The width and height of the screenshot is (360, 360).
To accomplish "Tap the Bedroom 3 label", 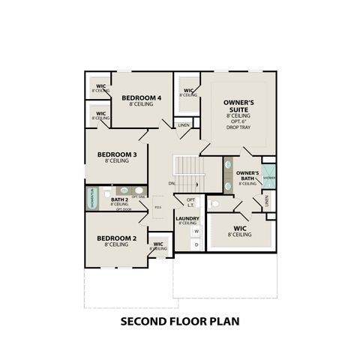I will [x=116, y=155].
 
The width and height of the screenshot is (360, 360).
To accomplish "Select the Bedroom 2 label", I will [x=116, y=239].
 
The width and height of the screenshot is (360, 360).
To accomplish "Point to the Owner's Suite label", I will [x=241, y=104].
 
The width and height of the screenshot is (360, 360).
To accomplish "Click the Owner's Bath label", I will [x=247, y=174].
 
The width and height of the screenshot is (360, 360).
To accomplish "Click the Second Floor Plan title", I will [x=179, y=322].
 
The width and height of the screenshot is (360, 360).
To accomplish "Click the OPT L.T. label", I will [x=190, y=201].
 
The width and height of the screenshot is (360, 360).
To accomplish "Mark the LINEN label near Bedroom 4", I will [x=183, y=124].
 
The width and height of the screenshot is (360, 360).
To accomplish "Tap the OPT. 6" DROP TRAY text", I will [x=241, y=123].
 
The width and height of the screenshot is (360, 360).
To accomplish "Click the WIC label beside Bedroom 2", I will [x=157, y=245].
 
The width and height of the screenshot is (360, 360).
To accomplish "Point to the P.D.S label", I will [x=157, y=206].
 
